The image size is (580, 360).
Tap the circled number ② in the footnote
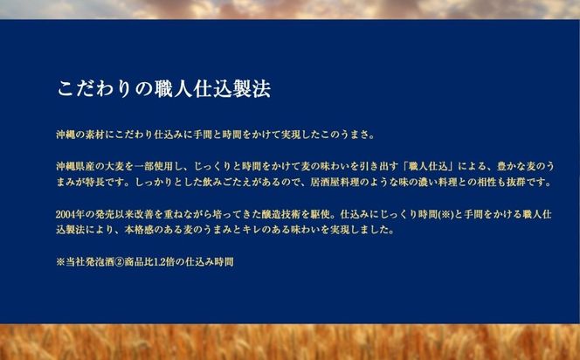pos(128,261)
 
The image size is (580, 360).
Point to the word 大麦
pos(120,165)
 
